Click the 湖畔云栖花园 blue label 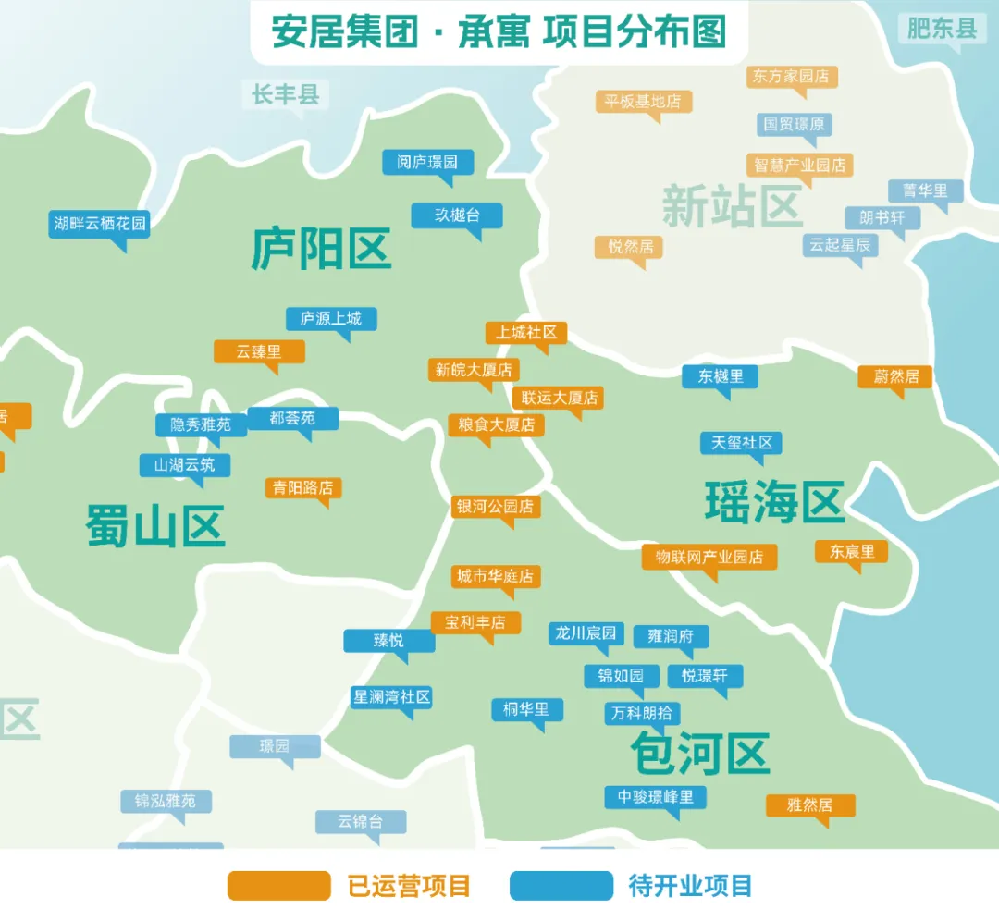100,223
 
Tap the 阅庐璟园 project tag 427,162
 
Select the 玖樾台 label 457,215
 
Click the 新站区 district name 731,205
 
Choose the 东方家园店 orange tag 791,76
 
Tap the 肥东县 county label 942,29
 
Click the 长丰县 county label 285,93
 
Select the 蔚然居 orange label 894,376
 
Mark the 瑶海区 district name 775,502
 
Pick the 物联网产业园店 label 709,557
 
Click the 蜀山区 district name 155,526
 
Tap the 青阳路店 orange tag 303,487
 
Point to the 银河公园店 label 496,507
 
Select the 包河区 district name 700,753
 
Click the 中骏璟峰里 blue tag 656,796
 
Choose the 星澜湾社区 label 392,696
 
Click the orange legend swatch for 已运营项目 278,885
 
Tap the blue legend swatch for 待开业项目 561,885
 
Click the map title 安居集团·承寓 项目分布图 499,31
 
